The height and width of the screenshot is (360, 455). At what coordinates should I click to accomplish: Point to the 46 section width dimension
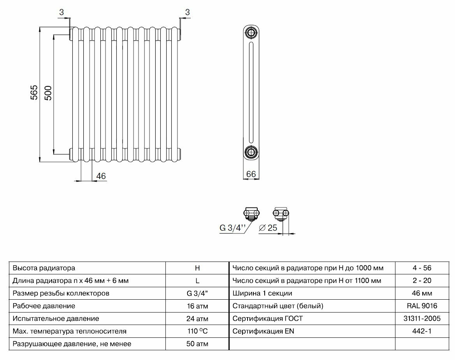101,176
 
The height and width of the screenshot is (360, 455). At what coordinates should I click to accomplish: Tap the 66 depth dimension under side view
251,174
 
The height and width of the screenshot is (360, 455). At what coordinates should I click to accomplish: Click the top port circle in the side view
251,33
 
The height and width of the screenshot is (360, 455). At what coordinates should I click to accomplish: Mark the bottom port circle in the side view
251,151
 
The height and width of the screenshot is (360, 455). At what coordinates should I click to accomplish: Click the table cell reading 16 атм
197,306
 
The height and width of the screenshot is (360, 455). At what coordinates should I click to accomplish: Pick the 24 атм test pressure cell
197,319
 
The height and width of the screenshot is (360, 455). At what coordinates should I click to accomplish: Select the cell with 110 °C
197,332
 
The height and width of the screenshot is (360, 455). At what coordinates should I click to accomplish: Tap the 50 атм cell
197,344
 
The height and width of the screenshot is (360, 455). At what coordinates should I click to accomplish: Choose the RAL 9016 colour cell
422,306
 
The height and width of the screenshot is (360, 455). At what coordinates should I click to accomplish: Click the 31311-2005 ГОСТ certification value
422,319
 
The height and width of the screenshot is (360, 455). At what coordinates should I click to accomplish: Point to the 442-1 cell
422,332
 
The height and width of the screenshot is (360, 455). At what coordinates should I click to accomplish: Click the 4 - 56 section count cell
422,268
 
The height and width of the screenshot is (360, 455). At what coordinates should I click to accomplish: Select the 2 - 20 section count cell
422,281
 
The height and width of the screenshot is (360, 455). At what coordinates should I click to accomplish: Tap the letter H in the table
197,268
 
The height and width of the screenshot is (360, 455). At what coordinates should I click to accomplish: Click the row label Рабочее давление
44,306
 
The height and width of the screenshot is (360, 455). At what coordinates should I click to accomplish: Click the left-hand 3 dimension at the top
61,12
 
